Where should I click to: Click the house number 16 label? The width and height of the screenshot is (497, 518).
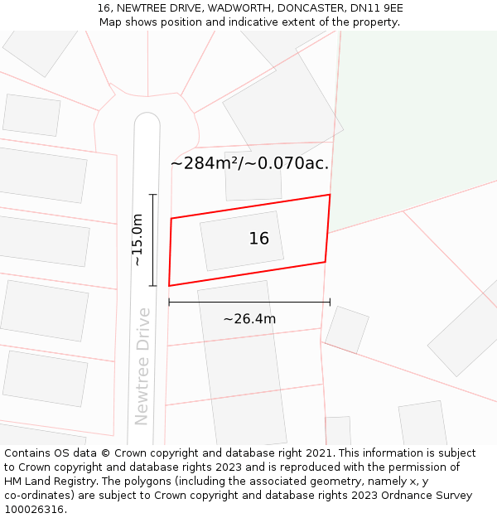[x=258, y=239]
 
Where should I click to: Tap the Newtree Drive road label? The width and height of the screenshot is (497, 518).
[x=143, y=366]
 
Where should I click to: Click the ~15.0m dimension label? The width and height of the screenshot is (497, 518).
[x=138, y=240]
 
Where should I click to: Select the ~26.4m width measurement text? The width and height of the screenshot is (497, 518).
[x=249, y=318]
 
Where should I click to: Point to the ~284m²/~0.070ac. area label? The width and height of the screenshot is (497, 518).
[x=249, y=163]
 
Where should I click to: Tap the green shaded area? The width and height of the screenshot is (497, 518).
[x=414, y=116]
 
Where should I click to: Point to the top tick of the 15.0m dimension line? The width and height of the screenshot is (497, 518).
[x=152, y=195]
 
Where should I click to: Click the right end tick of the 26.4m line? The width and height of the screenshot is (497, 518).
[x=330, y=303]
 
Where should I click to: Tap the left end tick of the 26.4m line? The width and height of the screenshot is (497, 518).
[x=169, y=303]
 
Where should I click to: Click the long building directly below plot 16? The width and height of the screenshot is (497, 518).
[x=242, y=365]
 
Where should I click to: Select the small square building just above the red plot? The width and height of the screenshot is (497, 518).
[x=253, y=177]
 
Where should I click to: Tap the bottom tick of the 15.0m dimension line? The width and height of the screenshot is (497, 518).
[x=152, y=285]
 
